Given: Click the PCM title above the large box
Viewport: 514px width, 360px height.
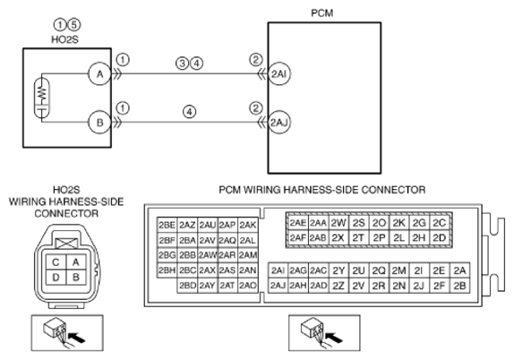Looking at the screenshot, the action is (x=321, y=13).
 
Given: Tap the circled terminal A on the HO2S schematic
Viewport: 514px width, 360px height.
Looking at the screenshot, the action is (x=99, y=73).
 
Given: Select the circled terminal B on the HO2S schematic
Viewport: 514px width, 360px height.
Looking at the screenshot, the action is (x=99, y=123).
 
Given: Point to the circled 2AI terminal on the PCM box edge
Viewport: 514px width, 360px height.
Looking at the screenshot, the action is (x=279, y=73).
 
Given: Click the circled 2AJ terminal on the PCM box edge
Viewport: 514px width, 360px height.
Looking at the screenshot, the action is (x=279, y=123).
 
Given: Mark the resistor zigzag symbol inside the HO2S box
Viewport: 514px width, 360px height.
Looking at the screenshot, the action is (x=42, y=92).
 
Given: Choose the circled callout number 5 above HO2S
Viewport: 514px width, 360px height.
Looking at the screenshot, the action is (x=74, y=24).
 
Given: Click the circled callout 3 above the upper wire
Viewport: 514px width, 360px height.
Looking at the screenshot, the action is (x=183, y=63).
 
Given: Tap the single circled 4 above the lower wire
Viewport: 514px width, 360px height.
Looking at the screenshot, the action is (x=190, y=112).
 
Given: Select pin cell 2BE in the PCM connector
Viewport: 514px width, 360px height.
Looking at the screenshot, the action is (x=167, y=225).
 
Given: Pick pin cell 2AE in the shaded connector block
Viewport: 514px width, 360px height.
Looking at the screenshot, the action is (x=297, y=223).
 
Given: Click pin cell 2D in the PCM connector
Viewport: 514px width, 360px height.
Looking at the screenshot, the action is (x=440, y=237).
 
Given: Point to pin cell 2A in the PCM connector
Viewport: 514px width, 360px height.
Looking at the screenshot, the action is (x=459, y=270).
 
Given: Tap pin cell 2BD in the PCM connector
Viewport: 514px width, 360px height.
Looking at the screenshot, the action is (x=187, y=286).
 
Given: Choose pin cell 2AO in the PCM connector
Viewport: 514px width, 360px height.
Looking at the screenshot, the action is (x=247, y=286).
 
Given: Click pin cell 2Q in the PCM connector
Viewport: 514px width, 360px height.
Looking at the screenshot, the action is (x=379, y=270).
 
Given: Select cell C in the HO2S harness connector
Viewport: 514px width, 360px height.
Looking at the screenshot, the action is (x=56, y=262).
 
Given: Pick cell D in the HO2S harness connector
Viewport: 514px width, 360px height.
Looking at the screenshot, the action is (x=56, y=278).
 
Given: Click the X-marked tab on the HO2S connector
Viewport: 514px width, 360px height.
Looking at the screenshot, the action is (x=66, y=244).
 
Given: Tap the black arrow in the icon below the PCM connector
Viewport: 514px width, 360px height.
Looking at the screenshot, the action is (x=334, y=338).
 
